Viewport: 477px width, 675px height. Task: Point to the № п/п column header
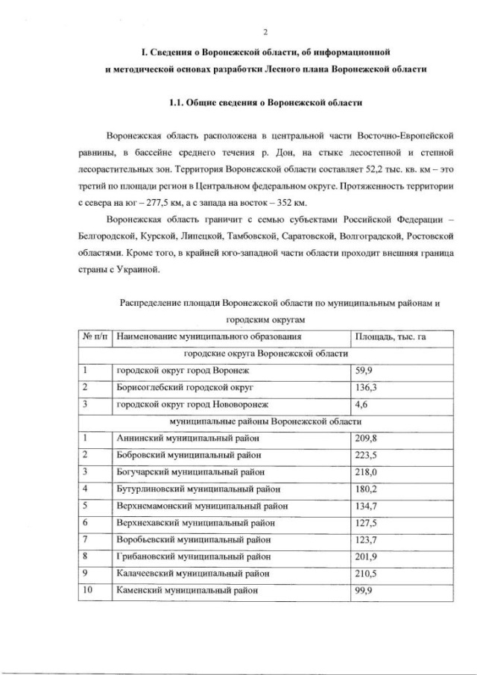[95, 337]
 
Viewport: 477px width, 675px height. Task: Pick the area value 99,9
[364, 590]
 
